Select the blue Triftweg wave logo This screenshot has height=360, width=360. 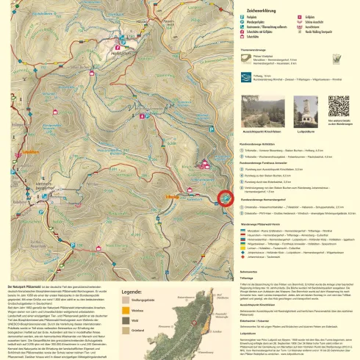[245, 77]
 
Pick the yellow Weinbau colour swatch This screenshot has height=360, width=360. [126, 311]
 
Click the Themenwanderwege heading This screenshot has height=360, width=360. [254, 49]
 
